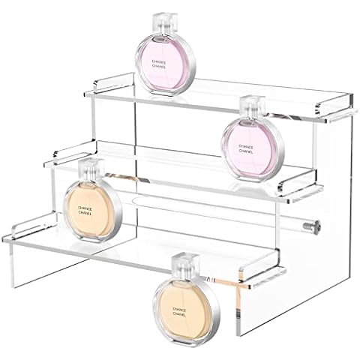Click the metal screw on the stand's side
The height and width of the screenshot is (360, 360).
coord(312,226)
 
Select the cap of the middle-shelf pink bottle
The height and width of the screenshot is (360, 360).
coord(252,106)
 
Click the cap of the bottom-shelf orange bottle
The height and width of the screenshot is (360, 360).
coord(91,169)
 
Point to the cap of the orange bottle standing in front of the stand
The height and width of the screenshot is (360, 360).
coord(186,265)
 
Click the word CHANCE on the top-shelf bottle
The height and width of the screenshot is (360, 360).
coord(159,61)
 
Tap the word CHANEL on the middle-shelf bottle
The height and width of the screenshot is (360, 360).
coord(247,151)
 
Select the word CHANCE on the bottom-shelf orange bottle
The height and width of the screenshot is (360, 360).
coord(85,208)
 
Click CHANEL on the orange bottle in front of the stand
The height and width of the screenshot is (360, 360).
coord(179,313)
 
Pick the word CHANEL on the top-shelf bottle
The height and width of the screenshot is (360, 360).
coord(159,67)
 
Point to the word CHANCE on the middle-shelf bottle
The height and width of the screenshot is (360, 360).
coord(246,146)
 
